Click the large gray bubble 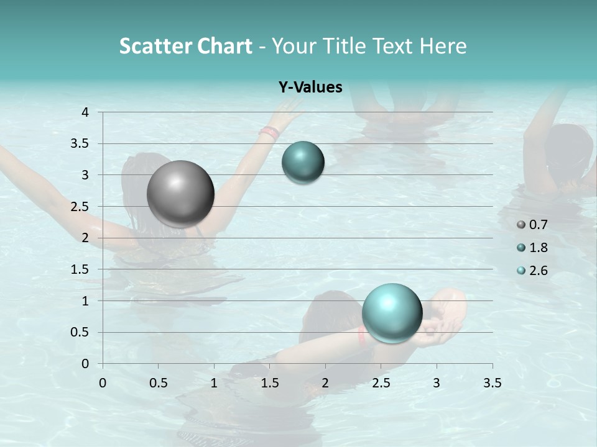pyautogui.click(x=180, y=194)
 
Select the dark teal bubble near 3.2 pyautogui.click(x=303, y=162)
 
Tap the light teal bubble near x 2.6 pyautogui.click(x=392, y=313)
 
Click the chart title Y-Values pyautogui.click(x=310, y=88)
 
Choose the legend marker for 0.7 pyautogui.click(x=521, y=225)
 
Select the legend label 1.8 pyautogui.click(x=539, y=248)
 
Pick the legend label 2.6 pyautogui.click(x=539, y=271)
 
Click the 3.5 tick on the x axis pyautogui.click(x=492, y=383)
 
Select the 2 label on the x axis pyautogui.click(x=325, y=383)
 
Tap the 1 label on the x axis pyautogui.click(x=214, y=383)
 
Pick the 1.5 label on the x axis pyautogui.click(x=269, y=383)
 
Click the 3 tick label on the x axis pyautogui.click(x=437, y=383)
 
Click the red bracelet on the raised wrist pyautogui.click(x=269, y=132)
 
